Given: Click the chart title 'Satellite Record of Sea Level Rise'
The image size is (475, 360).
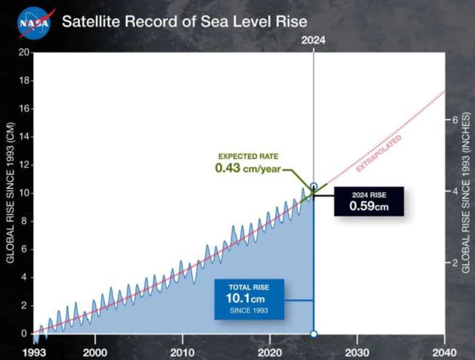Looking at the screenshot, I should tap(184, 21).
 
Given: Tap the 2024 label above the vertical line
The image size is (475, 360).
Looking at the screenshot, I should tap(313, 40).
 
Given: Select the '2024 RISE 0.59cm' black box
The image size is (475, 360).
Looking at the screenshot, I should tap(369, 201).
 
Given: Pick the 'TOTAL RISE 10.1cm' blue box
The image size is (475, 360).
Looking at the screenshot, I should tap(249, 299).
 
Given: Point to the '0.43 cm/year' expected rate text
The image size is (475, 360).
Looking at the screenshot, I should tap(248, 168).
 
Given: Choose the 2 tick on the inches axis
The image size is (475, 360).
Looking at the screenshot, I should tap(455, 263).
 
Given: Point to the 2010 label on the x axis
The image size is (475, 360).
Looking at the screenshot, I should tap(182, 352).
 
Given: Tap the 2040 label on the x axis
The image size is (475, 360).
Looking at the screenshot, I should tap(445, 352).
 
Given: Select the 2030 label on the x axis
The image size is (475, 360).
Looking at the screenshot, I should tap(357, 352).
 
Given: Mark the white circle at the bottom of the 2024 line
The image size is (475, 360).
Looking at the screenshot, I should tap(313, 334).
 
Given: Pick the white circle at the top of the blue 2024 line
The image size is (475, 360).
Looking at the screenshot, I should tap(313, 186).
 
